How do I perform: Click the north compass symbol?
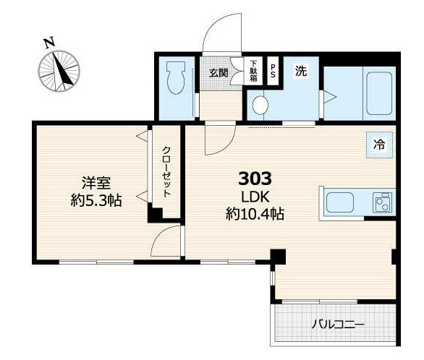(x=59, y=71)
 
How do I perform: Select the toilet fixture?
(x=176, y=77)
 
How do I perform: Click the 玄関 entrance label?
(x=219, y=73)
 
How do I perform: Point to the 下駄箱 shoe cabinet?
(x=253, y=71)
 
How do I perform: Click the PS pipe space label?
(x=273, y=71)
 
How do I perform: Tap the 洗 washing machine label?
(x=301, y=71)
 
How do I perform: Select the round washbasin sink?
(x=260, y=106)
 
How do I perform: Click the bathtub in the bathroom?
(x=379, y=93)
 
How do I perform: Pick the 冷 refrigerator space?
(x=379, y=145)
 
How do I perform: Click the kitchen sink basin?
(x=339, y=202)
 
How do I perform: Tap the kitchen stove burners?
(x=382, y=202)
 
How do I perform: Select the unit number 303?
(x=255, y=179)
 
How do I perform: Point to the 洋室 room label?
(x=96, y=183)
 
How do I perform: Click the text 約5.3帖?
(x=96, y=200)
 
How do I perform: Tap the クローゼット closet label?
(x=166, y=172)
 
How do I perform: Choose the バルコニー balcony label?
(x=338, y=324)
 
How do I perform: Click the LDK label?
(x=255, y=197)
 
